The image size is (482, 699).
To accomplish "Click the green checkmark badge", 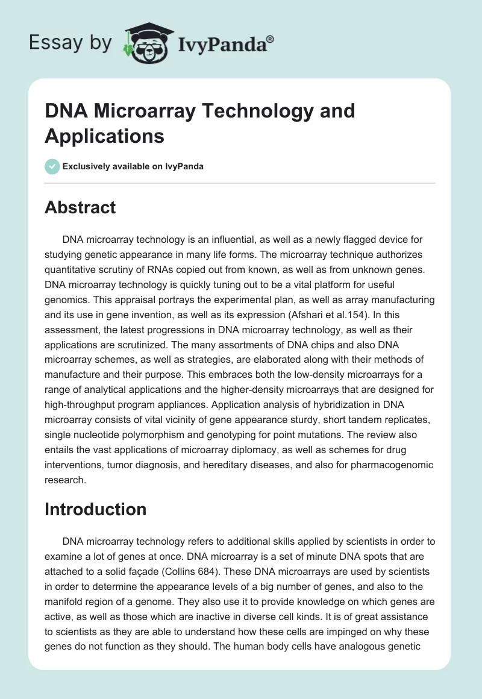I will (x=52, y=166).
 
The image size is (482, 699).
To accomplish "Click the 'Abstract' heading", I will (x=80, y=207).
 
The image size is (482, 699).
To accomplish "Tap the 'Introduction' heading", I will (x=95, y=509).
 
